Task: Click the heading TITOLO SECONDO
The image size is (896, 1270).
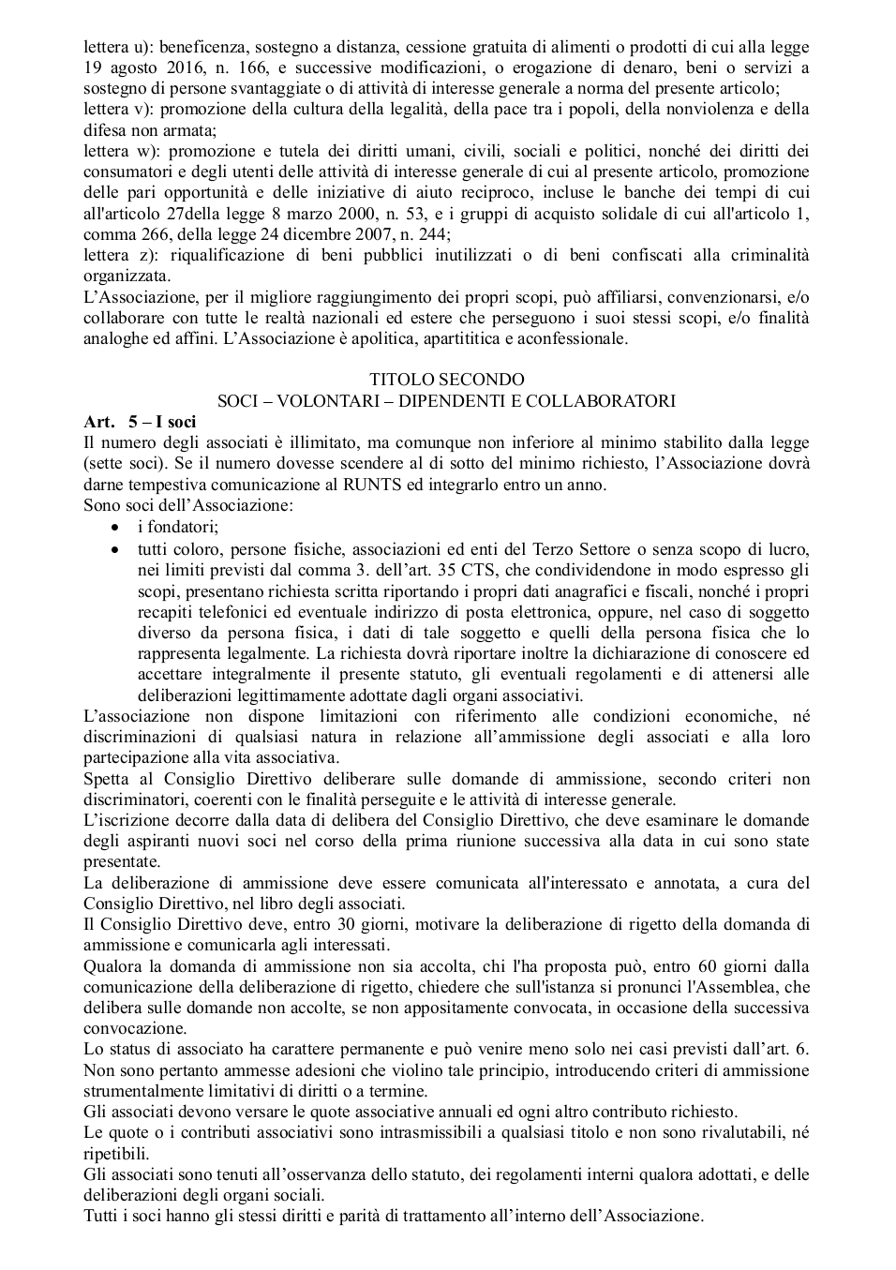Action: [x=447, y=380]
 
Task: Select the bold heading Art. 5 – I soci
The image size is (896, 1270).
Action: [x=140, y=422]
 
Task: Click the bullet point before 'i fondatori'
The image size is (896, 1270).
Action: [x=115, y=528]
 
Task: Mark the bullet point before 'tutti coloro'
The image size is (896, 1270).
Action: [x=115, y=549]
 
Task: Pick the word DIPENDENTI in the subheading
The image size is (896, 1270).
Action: [x=457, y=401]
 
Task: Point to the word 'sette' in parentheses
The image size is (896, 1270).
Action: [x=106, y=463]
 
